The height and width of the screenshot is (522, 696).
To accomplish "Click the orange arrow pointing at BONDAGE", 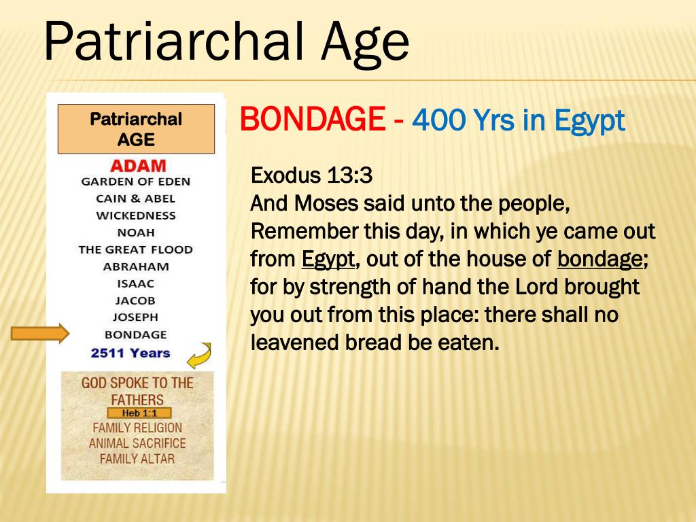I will [x=40, y=334].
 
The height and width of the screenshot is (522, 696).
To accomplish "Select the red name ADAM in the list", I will [x=138, y=166].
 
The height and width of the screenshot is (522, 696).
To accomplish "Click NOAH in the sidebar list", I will [x=136, y=232].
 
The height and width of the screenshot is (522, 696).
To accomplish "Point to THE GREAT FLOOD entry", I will [x=136, y=249].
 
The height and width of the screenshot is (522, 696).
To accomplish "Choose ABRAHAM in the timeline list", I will [x=136, y=266].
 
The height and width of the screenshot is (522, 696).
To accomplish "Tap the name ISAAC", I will [x=136, y=283].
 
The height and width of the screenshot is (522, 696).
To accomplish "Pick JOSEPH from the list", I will [x=136, y=317].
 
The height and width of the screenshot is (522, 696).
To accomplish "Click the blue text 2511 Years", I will [x=130, y=353].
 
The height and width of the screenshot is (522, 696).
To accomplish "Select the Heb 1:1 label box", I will [x=139, y=413].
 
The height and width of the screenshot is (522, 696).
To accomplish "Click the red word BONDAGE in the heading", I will [x=312, y=120].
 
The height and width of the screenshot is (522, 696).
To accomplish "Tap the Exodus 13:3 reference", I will [x=312, y=175].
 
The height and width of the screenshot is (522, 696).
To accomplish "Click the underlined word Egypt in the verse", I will [x=328, y=259].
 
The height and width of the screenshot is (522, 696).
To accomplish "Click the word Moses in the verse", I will [x=331, y=203].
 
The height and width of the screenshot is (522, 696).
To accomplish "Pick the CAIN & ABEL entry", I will [x=136, y=198].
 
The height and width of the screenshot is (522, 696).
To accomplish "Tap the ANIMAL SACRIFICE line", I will [x=137, y=443].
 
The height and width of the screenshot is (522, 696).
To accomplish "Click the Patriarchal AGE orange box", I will [x=136, y=128].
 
